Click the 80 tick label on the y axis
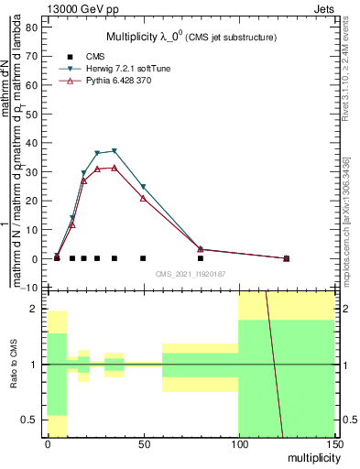click(31, 27)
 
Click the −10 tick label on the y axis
click(29, 288)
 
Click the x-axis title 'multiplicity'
click(310, 456)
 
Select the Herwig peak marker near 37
click(115, 151)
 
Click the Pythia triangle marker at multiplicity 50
click(143, 198)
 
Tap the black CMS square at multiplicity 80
click(201, 258)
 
